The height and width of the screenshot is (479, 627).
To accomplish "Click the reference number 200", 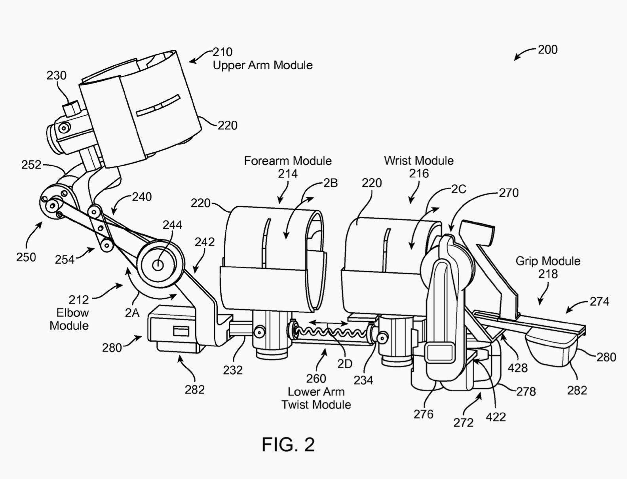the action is (547, 50).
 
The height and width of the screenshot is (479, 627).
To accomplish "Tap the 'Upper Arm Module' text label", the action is (262, 65).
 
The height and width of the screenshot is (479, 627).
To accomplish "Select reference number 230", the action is (57, 75).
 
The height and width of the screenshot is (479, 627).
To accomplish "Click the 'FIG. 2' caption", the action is (288, 444).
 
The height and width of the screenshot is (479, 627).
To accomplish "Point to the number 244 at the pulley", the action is (172, 225).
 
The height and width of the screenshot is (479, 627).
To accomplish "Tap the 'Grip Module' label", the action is (548, 261).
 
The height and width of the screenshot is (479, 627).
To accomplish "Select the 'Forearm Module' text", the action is (288, 161).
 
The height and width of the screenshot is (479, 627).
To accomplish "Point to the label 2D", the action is (345, 364).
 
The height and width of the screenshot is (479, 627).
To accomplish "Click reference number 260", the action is (316, 379).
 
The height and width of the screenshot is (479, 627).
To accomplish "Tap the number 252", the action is (31, 165).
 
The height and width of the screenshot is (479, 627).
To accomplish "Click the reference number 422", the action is (496, 417).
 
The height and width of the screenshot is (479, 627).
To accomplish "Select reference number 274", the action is (600, 301).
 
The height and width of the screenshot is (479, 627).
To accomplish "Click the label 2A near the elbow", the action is (132, 314).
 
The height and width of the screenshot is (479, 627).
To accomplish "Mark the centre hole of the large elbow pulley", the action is (158, 265).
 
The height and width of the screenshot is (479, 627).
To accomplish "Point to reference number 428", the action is (518, 368).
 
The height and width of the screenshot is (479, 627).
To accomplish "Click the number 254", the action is (65, 260).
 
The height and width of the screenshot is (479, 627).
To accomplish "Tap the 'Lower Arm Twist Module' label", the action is (316, 398).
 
